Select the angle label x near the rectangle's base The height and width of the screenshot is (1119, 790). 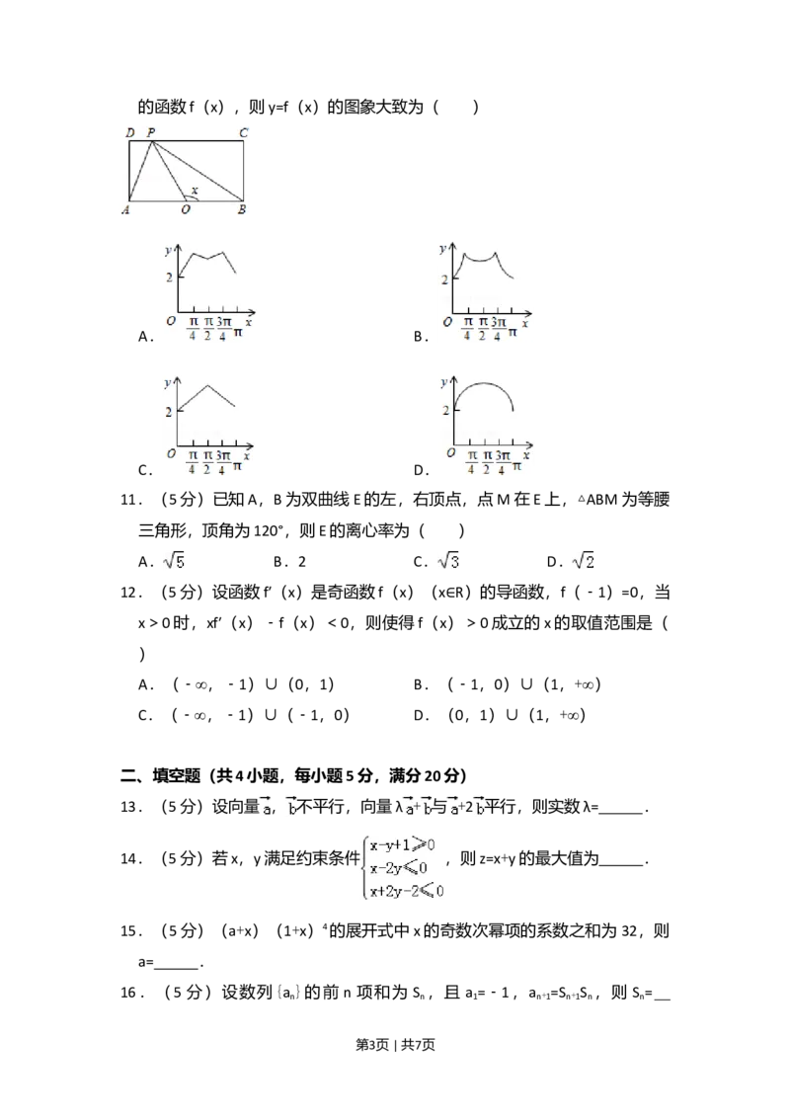tap(194, 191)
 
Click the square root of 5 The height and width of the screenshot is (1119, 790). tap(174, 562)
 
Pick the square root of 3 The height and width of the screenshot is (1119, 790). tap(450, 562)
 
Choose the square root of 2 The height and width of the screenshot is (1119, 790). tap(585, 562)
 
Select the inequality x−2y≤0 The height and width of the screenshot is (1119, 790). tap(399, 868)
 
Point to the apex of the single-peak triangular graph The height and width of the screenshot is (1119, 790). tap(206, 384)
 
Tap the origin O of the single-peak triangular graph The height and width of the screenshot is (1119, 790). tap(171, 454)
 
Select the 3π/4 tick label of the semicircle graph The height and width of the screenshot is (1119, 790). tap(503, 461)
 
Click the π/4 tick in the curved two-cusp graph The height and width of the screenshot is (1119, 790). tap(467, 327)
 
